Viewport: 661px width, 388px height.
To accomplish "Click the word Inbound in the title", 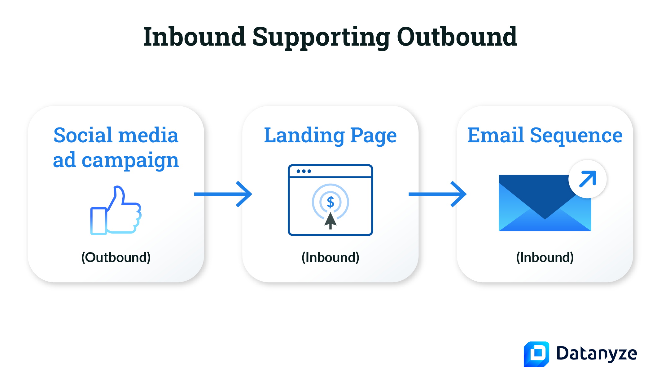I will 195,37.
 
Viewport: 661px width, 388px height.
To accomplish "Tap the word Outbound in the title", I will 457,37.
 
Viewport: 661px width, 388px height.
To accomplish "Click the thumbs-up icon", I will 116,211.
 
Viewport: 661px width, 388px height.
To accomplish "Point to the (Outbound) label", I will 116,257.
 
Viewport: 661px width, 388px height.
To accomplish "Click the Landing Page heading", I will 330,136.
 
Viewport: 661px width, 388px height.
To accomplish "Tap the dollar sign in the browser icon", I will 330,202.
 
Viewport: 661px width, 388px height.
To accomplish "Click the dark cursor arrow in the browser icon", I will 330,220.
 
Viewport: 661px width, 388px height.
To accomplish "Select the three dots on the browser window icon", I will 304,171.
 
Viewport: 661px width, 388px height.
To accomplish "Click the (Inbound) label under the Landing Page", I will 330,257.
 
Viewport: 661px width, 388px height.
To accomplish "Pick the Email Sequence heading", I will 545,136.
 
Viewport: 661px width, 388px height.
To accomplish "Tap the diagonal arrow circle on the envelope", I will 587,179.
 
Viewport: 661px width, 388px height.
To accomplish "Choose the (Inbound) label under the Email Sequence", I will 545,257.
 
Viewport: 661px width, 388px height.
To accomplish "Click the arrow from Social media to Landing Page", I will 223,194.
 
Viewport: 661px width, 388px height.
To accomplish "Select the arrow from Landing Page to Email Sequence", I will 437,194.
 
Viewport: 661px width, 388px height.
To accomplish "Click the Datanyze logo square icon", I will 536,354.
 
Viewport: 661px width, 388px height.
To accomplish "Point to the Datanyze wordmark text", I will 596,354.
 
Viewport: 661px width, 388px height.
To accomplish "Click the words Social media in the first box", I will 116,136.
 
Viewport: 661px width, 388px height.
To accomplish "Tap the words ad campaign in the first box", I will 116,160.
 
